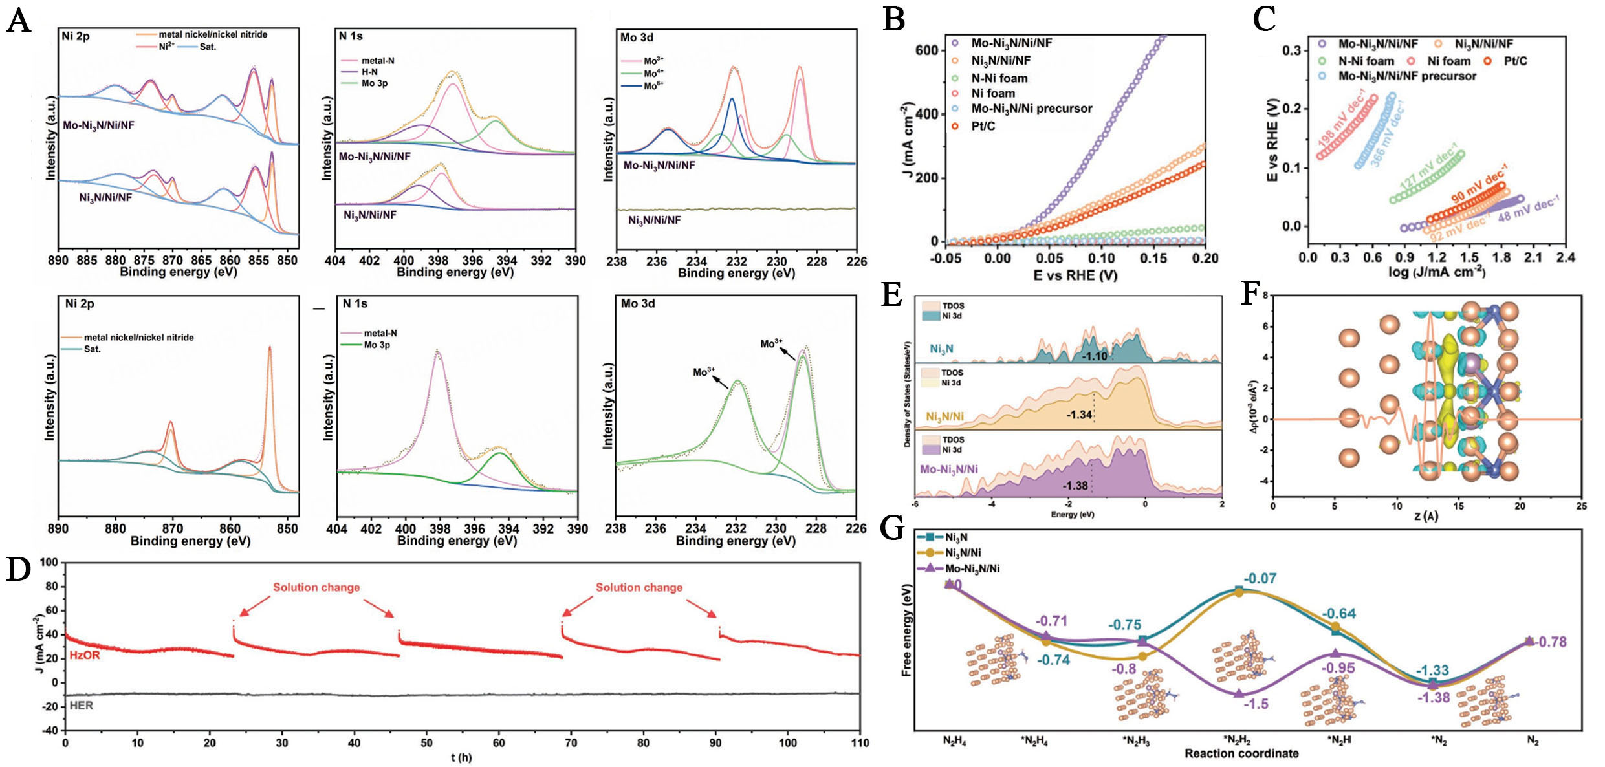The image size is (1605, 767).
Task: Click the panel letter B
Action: (893, 19)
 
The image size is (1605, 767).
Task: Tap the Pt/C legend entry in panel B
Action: (983, 126)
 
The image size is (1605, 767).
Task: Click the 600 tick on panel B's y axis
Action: (926, 50)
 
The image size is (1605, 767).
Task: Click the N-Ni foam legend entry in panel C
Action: (1365, 61)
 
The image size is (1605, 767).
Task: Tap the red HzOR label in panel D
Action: (85, 655)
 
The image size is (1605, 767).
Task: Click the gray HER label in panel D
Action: (82, 706)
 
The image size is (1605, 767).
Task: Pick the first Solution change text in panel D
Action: (316, 587)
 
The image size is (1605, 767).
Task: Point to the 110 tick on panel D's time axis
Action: (859, 743)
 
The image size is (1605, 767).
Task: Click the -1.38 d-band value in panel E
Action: (1075, 486)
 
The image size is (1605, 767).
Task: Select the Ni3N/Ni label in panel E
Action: (944, 417)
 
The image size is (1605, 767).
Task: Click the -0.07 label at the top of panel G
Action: (1260, 579)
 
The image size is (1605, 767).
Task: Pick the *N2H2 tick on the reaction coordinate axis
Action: (1237, 740)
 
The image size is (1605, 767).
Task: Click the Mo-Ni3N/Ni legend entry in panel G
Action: (972, 568)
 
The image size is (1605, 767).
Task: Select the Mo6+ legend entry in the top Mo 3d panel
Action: (653, 85)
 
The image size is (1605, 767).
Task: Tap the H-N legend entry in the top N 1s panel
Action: (369, 72)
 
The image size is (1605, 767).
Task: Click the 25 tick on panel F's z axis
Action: (1580, 506)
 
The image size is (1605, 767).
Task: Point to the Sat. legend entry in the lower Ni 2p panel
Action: (92, 349)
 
